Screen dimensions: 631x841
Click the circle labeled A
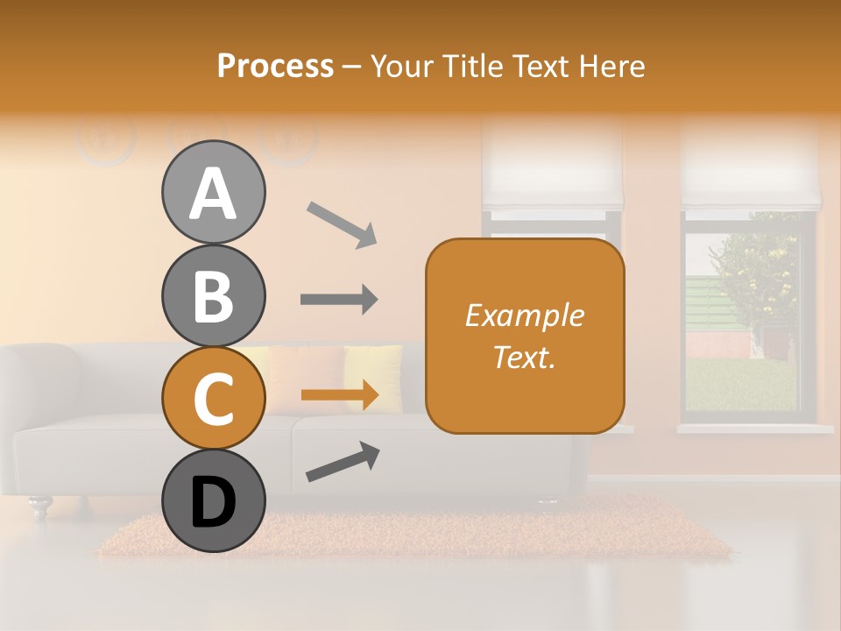(x=213, y=193)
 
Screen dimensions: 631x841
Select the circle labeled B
(x=213, y=296)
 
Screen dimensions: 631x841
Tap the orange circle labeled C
(x=213, y=399)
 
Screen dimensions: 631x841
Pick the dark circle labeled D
(x=213, y=501)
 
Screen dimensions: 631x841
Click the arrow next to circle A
(x=342, y=223)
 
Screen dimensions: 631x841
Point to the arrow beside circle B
(x=339, y=300)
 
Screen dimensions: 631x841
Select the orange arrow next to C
(x=339, y=395)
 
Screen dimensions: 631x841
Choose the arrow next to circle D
(x=343, y=462)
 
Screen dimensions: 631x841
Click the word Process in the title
(x=275, y=66)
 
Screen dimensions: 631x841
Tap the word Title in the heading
(x=474, y=66)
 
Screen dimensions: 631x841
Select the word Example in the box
(x=524, y=316)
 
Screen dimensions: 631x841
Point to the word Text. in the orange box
(x=524, y=357)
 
